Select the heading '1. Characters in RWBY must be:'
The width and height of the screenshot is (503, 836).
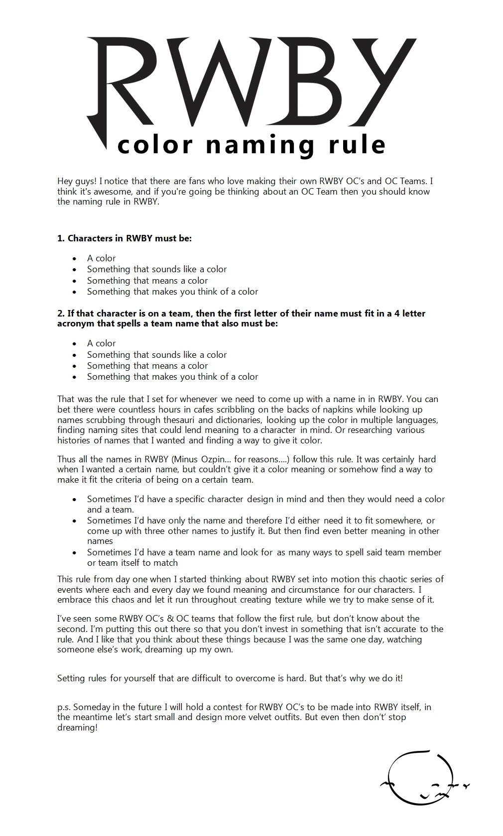[125, 238]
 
